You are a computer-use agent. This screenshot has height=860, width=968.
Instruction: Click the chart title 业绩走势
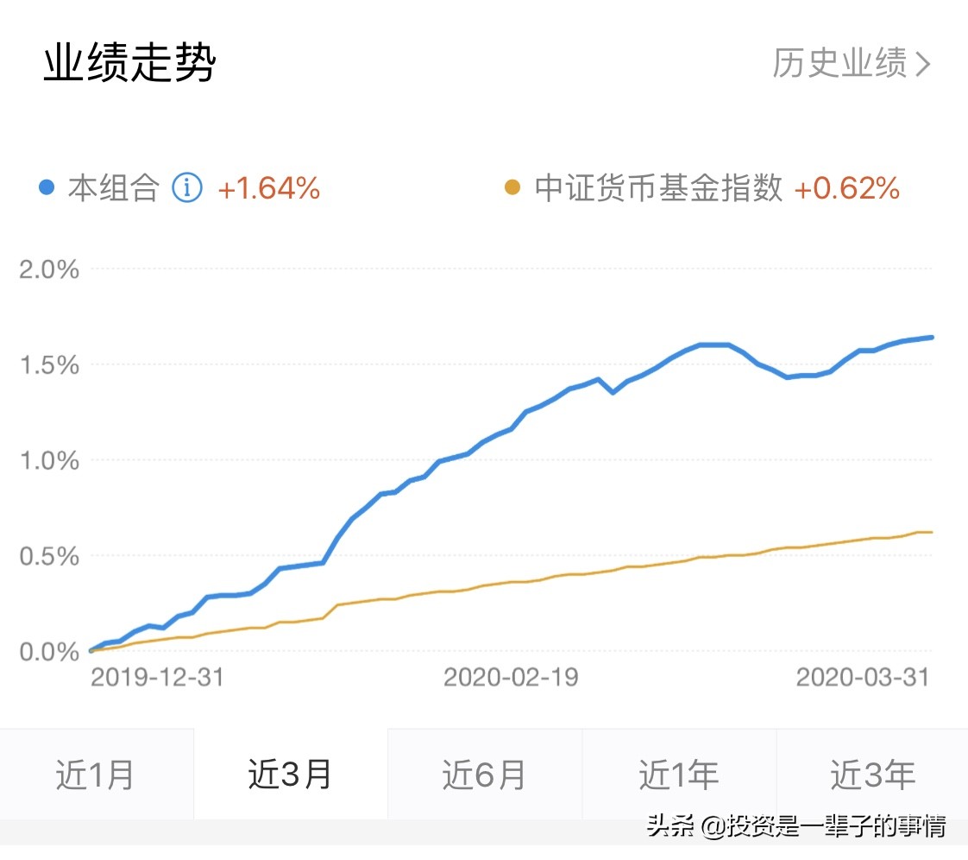[x=129, y=63]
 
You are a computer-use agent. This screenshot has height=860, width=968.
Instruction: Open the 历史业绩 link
[x=851, y=63]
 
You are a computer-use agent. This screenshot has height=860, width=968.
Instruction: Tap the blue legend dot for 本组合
[x=48, y=187]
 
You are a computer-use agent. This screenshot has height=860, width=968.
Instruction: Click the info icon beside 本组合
[x=187, y=187]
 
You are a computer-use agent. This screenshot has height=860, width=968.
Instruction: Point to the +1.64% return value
[x=268, y=187]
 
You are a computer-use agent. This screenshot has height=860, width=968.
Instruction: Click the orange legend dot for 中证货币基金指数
[x=513, y=187]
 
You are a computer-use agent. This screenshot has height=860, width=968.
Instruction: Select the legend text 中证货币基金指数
[x=658, y=187]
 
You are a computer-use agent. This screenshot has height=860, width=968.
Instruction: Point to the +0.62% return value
[x=846, y=187]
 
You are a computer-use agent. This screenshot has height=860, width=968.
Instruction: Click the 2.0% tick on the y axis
[x=49, y=269]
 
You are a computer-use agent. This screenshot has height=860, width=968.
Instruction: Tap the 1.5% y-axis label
[x=49, y=365]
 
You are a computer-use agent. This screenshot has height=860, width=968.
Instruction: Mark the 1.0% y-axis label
[x=49, y=460]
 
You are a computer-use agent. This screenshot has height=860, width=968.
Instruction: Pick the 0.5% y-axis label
[x=49, y=556]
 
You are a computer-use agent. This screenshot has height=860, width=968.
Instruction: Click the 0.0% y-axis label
[x=49, y=651]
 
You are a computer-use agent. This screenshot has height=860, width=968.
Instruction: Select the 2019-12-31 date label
[x=157, y=677]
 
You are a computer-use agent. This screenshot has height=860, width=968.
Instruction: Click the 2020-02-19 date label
[x=511, y=677]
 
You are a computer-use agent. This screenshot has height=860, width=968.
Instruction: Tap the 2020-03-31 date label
[x=863, y=677]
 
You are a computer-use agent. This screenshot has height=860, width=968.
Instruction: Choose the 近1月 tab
[x=96, y=775]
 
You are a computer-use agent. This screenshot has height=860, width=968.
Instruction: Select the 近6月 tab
[x=484, y=775]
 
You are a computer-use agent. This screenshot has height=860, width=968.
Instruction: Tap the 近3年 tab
[x=872, y=775]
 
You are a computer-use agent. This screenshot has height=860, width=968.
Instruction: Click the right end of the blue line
[x=932, y=338]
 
